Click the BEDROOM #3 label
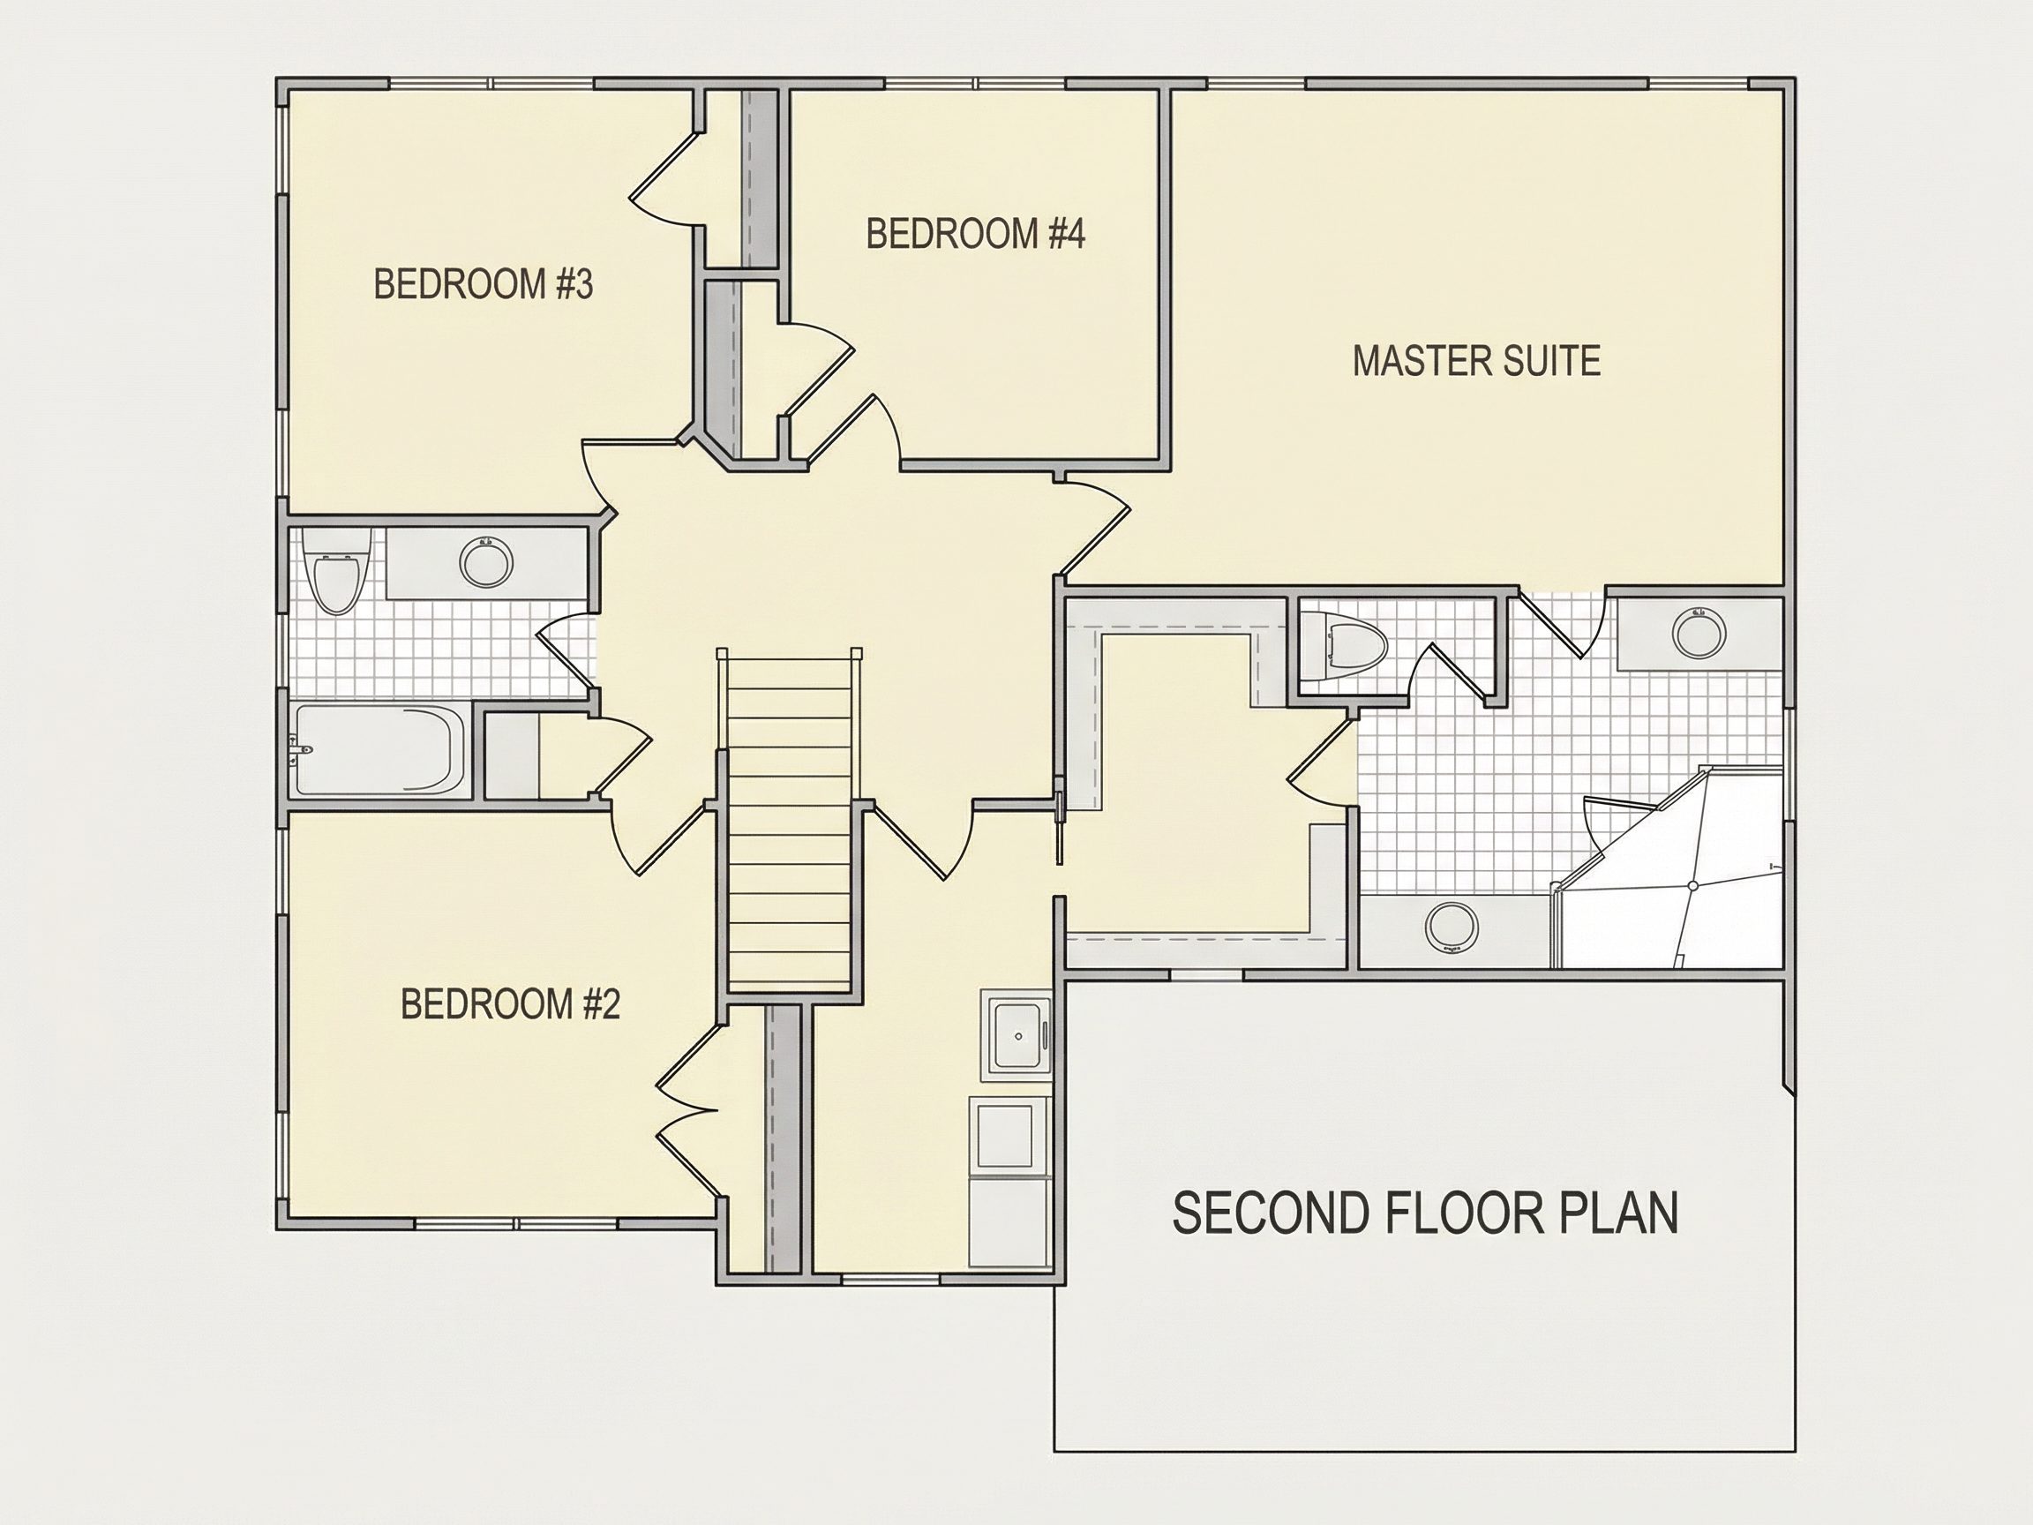coord(484,284)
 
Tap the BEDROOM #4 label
coord(975,234)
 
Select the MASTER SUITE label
coord(1476,360)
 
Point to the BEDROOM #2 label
coord(510,1003)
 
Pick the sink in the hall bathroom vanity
coord(486,562)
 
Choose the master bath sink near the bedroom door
coord(1699,633)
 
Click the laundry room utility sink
coord(1016,1036)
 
